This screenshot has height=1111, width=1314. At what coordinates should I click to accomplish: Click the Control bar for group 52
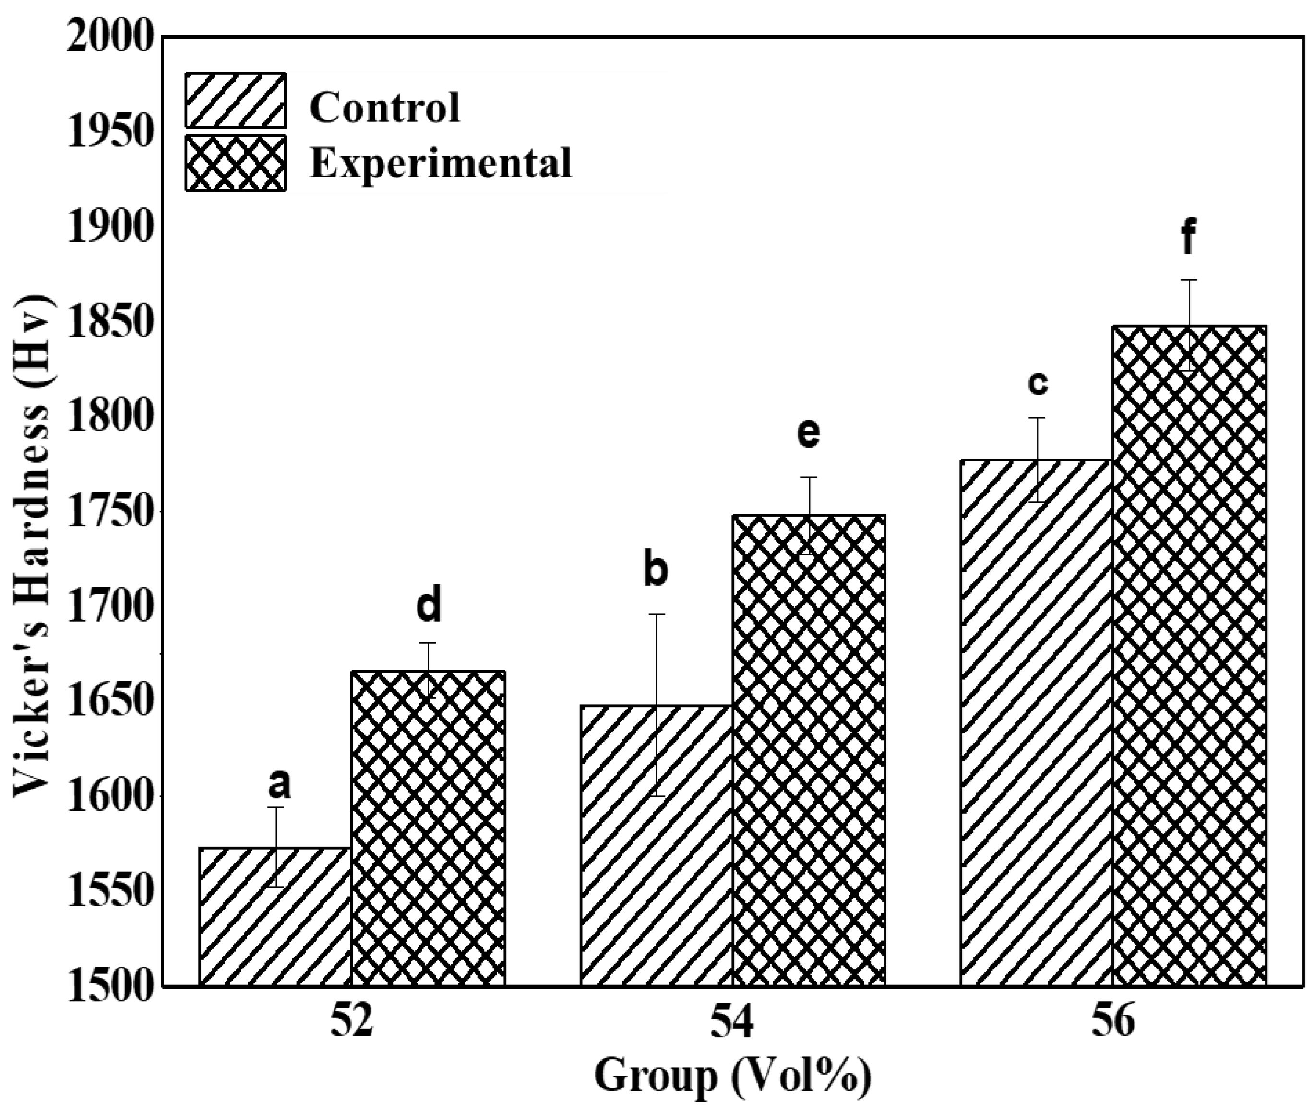click(x=275, y=916)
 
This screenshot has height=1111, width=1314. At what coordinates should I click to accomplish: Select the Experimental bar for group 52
click(x=429, y=828)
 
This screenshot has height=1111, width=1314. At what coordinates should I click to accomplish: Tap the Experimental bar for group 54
click(x=809, y=749)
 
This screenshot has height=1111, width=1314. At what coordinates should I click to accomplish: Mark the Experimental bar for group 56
click(x=1189, y=655)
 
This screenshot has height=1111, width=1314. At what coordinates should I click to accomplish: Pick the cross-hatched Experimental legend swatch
click(x=236, y=163)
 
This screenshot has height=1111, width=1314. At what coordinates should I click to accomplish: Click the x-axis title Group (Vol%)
click(x=733, y=1075)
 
